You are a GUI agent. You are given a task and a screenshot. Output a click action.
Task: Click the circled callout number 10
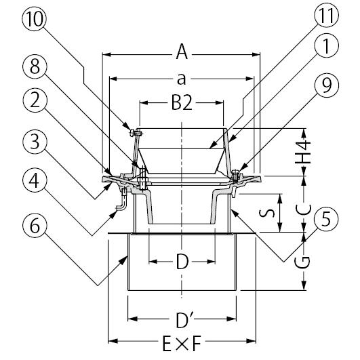34,19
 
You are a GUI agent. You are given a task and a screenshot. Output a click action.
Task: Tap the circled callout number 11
326,16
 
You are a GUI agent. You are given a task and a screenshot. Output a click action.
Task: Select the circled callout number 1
326,45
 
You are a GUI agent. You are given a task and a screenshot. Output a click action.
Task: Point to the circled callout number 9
326,85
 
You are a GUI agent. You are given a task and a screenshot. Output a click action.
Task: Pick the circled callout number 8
35,66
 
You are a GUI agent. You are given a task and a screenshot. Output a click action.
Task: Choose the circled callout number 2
35,100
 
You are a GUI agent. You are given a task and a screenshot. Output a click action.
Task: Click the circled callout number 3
35,142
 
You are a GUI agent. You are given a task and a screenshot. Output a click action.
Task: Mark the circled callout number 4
35,181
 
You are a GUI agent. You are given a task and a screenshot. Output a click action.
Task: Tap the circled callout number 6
35,226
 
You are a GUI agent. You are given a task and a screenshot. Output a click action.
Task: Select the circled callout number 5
326,218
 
